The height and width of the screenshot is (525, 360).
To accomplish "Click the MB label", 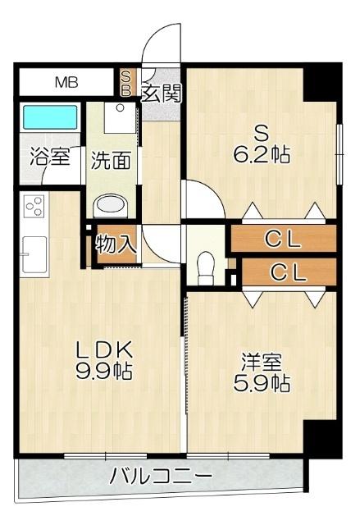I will (x=64, y=82).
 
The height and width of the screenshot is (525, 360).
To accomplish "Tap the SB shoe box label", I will (x=126, y=82).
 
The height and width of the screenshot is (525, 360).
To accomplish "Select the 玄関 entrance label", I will (x=161, y=91).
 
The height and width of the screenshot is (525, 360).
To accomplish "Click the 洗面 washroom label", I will (x=111, y=159).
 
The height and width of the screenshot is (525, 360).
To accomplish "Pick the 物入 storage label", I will (x=116, y=244).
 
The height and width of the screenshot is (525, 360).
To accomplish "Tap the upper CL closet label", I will (x=284, y=240).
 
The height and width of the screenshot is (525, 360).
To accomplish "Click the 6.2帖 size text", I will (x=262, y=154).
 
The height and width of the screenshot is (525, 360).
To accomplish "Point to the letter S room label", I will (x=262, y=131).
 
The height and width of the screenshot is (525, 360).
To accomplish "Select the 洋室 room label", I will (x=263, y=362).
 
